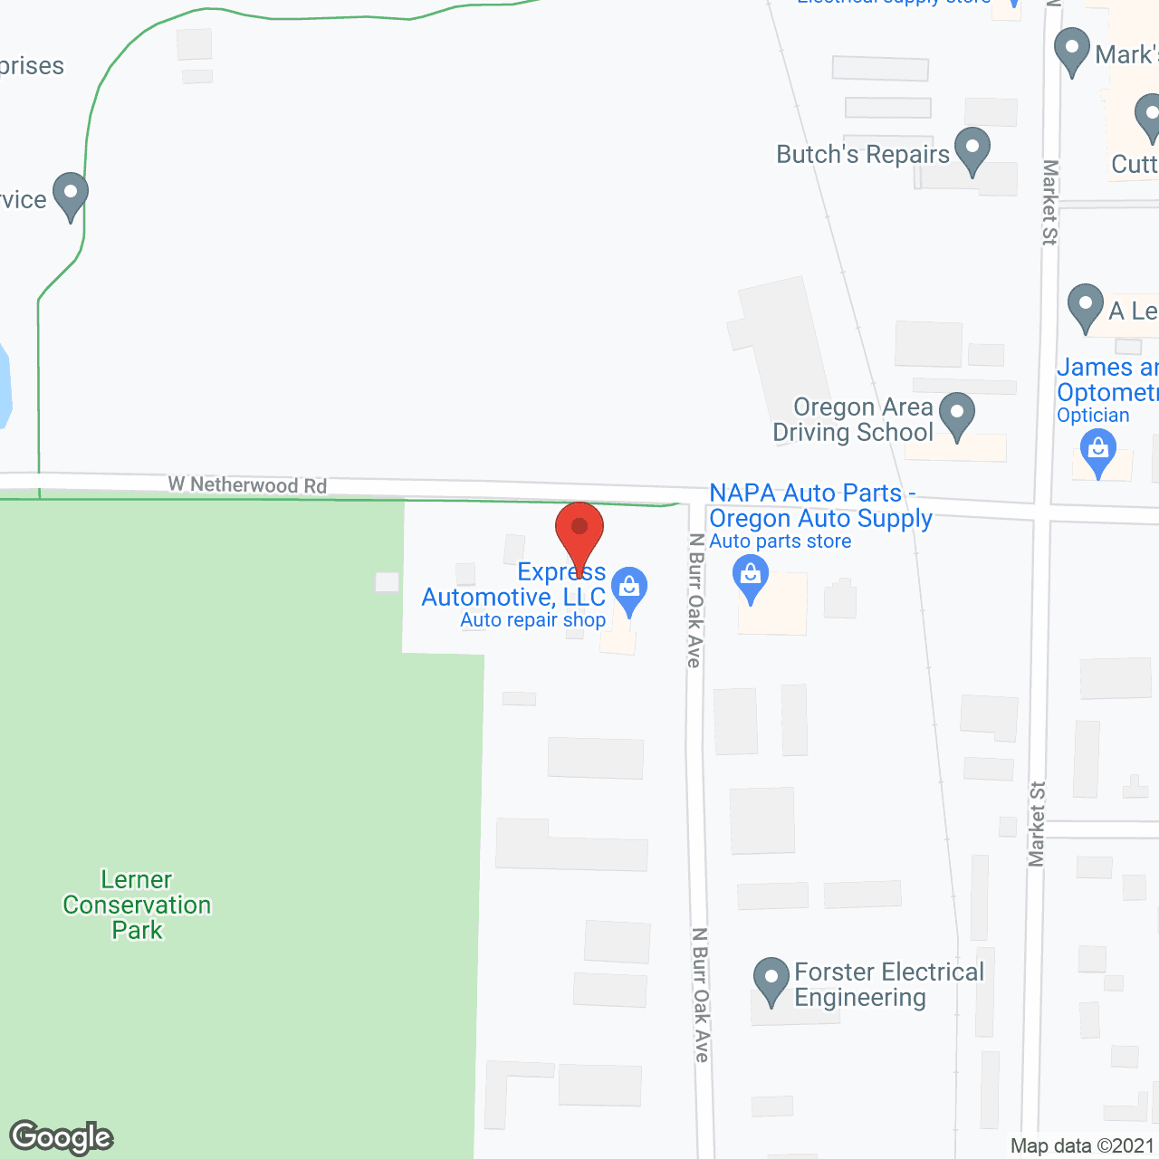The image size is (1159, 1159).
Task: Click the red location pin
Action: tap(579, 530)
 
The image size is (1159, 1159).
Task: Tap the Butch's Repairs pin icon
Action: tap(972, 149)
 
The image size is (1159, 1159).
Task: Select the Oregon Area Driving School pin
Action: tap(956, 415)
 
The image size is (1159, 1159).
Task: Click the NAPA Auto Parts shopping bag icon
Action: tap(750, 577)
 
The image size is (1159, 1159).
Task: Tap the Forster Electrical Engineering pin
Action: tap(771, 980)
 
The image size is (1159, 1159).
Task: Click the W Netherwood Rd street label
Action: tap(247, 484)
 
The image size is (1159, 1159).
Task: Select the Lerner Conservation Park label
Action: tap(137, 905)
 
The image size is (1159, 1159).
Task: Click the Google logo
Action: tap(62, 1137)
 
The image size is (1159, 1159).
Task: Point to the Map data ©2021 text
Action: tap(1082, 1146)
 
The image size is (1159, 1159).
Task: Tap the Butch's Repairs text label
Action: tap(863, 154)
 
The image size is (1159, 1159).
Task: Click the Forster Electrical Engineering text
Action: tap(888, 984)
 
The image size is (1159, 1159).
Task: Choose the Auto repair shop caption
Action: tap(532, 620)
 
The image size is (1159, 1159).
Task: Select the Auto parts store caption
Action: tap(781, 541)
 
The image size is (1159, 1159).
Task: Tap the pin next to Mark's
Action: tap(1072, 50)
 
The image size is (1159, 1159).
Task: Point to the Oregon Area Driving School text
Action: tap(853, 420)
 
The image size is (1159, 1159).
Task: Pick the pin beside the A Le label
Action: tap(1085, 306)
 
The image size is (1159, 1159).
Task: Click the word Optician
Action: tap(1093, 416)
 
